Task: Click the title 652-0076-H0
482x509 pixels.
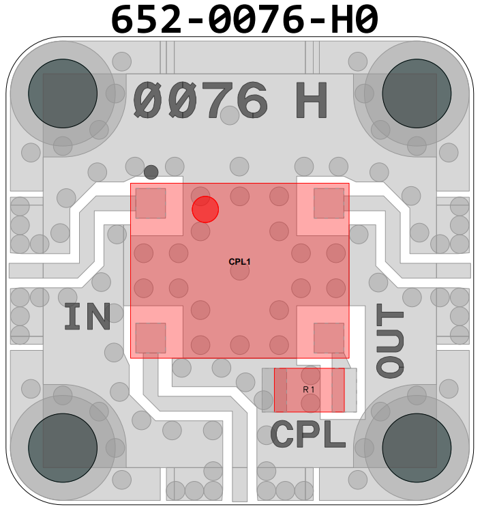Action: pos(244,18)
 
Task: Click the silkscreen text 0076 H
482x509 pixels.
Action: pos(230,101)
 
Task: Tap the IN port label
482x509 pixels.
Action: pos(88,317)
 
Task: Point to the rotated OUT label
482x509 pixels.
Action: pos(391,342)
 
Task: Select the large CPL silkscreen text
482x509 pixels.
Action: pos(309,435)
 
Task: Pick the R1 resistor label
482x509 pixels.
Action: pos(310,389)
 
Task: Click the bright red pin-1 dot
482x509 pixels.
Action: pos(205,209)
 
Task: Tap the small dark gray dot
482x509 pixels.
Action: pos(151,171)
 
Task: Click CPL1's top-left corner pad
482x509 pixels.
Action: pos(151,203)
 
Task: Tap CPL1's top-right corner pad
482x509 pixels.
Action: pos(329,203)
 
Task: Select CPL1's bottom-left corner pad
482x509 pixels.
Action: pos(151,337)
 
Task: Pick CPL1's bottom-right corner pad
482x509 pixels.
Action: pos(329,337)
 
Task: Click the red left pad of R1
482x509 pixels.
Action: pos(280,390)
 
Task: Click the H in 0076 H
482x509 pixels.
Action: pos(312,101)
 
